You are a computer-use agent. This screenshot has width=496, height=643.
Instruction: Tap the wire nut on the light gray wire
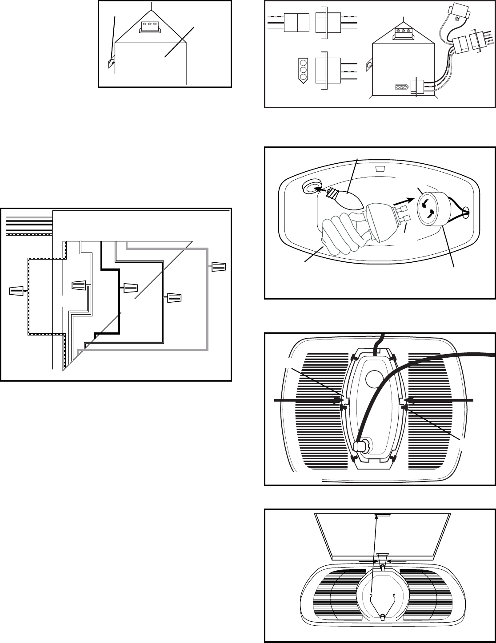click(x=219, y=267)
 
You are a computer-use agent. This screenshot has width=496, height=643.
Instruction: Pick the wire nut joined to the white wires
click(x=79, y=286)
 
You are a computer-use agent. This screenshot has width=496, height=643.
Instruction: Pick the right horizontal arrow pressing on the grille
click(x=440, y=401)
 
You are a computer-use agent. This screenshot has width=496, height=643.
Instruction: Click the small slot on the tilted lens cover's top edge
click(x=382, y=516)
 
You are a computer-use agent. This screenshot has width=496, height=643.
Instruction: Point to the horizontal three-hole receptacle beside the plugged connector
click(x=401, y=87)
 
